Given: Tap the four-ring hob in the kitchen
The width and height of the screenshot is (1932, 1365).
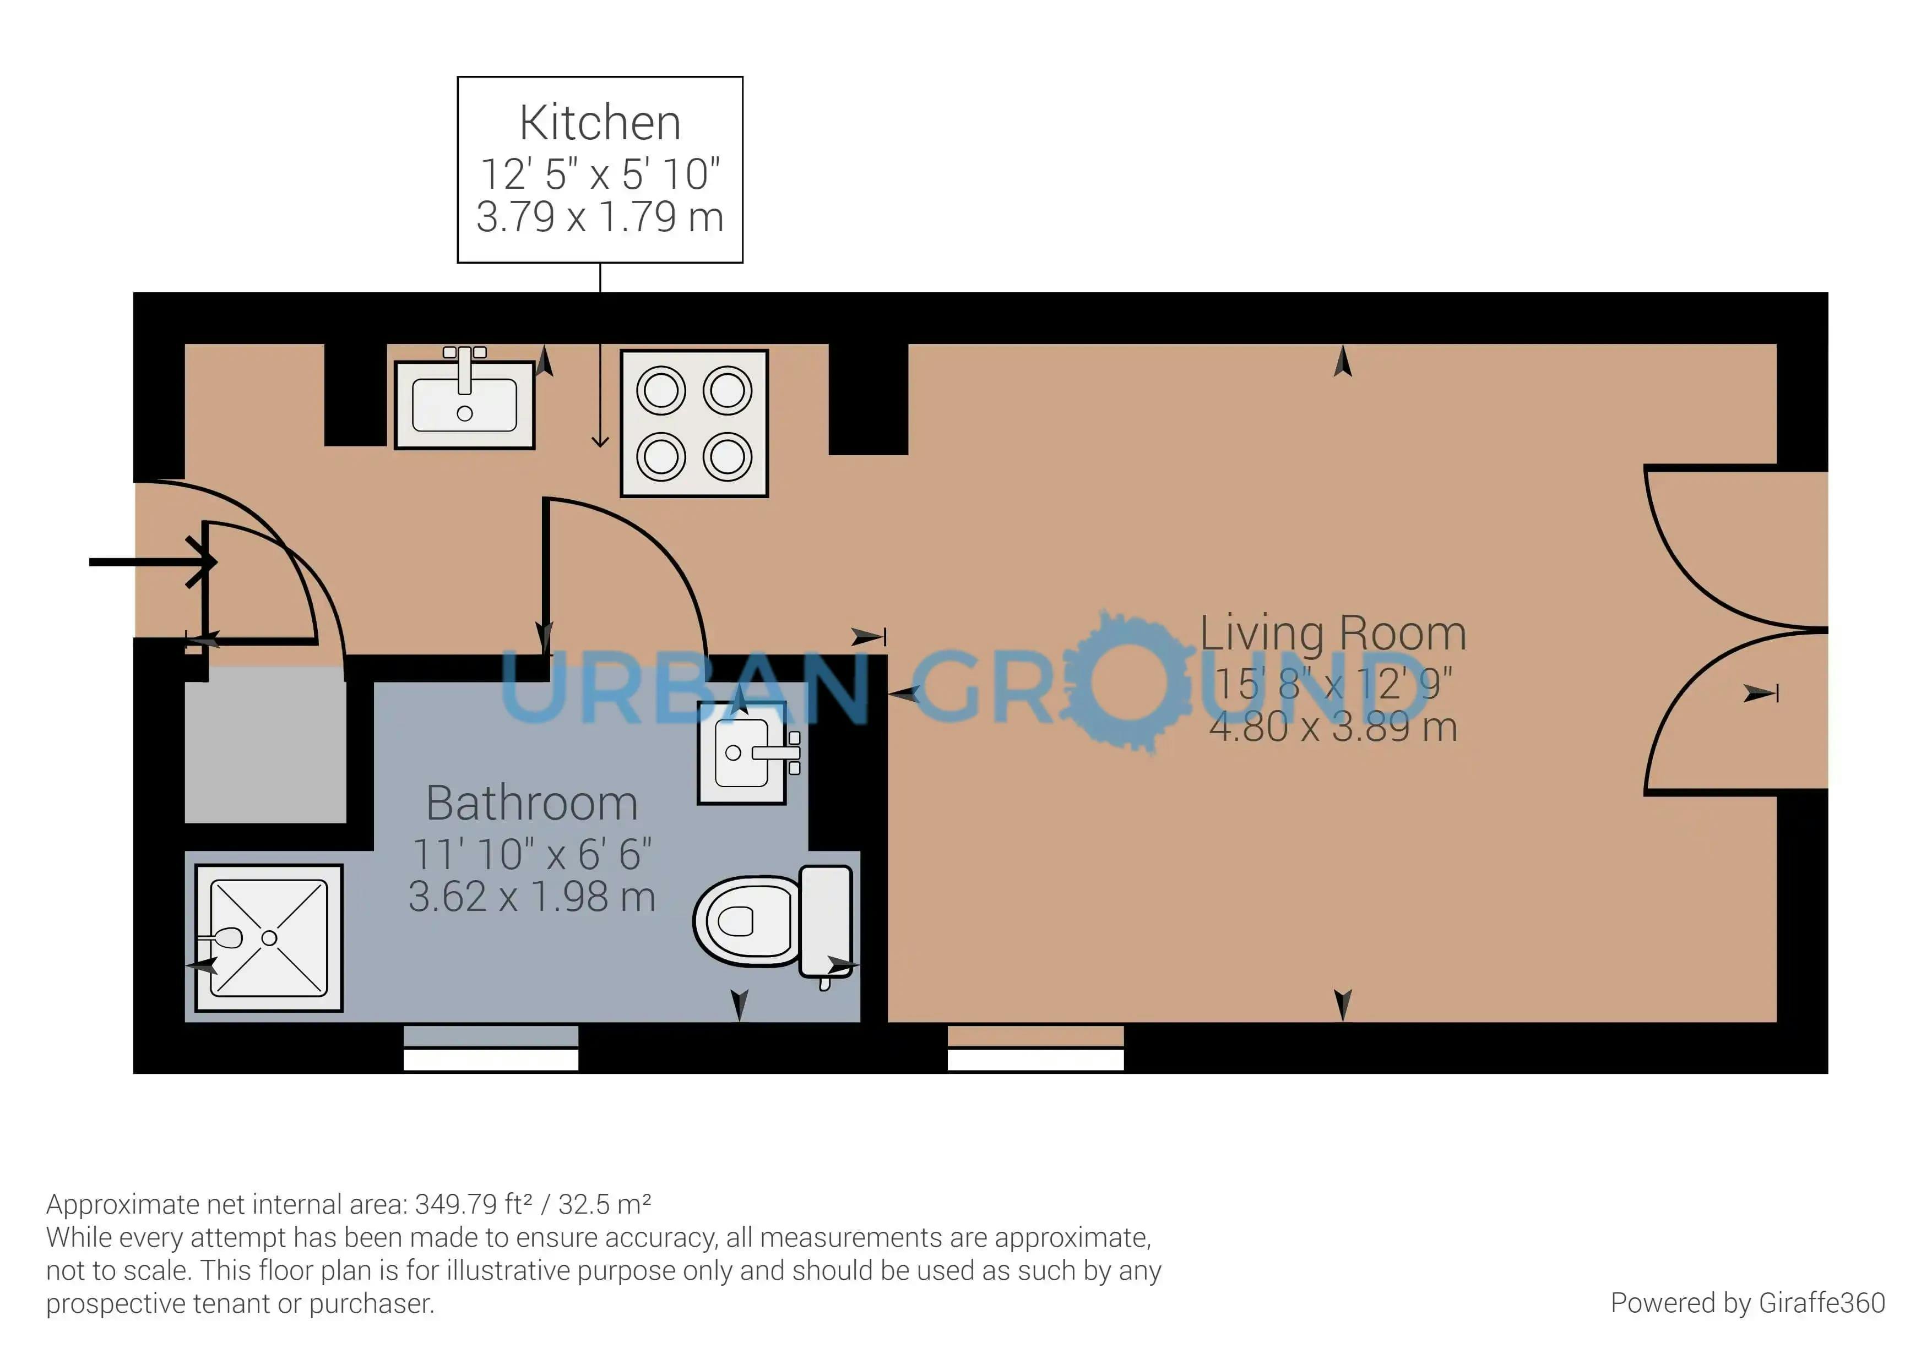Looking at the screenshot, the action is click(694, 423).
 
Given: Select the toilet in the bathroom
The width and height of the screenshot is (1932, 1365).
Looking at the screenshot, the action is click(773, 922).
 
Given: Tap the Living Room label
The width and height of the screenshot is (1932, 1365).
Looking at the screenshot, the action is click(1333, 634).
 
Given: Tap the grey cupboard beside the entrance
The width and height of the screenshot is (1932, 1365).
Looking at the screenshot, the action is click(265, 744).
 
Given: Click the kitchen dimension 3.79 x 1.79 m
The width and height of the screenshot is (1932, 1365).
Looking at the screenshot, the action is click(600, 217).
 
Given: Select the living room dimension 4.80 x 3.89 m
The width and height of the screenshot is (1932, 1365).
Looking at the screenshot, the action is click(1333, 727).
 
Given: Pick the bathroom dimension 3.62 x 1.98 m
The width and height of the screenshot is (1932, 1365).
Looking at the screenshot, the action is click(532, 897).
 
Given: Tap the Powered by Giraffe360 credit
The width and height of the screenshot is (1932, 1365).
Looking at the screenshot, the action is click(1748, 1303).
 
